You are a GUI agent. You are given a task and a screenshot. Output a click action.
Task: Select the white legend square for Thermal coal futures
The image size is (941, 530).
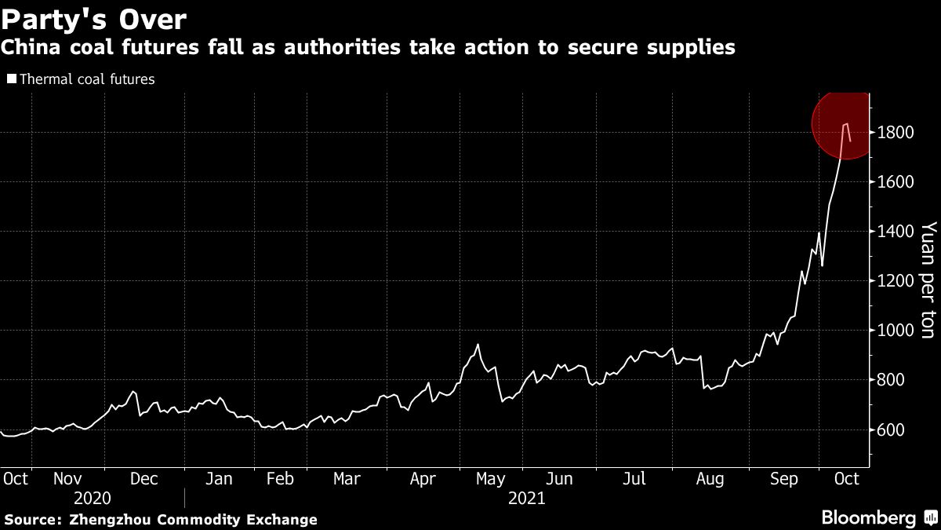click(11, 79)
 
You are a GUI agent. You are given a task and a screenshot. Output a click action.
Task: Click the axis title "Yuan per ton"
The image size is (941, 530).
click(928, 280)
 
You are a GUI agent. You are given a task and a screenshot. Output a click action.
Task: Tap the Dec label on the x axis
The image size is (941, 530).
click(144, 478)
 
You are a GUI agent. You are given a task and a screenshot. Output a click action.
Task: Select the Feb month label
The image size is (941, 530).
click(281, 478)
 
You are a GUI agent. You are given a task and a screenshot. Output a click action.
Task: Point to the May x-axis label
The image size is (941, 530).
click(490, 478)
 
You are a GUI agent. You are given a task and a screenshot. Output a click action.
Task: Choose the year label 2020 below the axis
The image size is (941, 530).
click(93, 498)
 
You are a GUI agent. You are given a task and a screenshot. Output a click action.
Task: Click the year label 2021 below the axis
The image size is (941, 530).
click(527, 498)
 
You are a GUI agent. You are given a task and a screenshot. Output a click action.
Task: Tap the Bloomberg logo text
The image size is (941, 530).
click(868, 518)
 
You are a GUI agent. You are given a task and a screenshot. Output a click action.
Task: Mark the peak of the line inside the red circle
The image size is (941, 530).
click(845, 123)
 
